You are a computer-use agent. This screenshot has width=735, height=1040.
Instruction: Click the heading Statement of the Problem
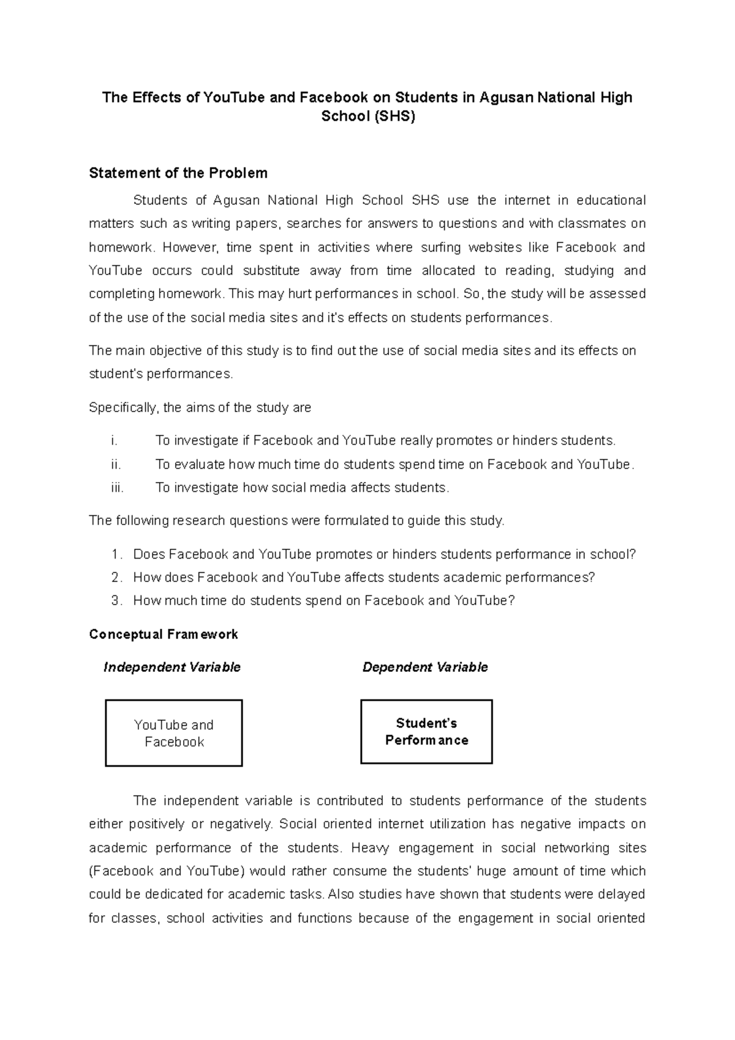(178, 173)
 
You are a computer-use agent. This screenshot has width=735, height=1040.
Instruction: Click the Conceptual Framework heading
(163, 635)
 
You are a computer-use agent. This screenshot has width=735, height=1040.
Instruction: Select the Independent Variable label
(171, 668)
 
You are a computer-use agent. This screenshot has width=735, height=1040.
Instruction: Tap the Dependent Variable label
(425, 668)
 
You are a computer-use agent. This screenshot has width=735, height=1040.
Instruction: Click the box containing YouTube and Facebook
(174, 733)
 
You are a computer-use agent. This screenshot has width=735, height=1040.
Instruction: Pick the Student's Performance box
(426, 732)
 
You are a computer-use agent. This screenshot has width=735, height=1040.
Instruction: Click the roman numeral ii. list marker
(116, 465)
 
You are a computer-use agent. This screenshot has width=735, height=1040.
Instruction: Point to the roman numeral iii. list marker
(117, 488)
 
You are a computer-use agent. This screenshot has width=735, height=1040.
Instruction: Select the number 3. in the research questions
(116, 601)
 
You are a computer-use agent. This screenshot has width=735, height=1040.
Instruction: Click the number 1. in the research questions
(116, 555)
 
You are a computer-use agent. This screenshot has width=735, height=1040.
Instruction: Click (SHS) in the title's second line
(395, 116)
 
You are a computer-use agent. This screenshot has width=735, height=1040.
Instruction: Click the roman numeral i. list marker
(114, 441)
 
